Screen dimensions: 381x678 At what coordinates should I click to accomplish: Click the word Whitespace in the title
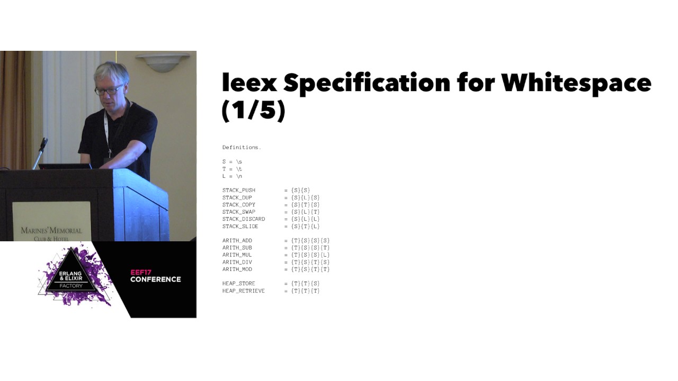pyautogui.click(x=576, y=84)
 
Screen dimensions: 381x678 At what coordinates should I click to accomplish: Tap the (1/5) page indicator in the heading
pyautogui.click(x=254, y=110)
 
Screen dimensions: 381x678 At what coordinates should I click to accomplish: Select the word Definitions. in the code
pyautogui.click(x=242, y=147)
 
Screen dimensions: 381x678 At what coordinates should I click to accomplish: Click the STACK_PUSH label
pyautogui.click(x=239, y=190)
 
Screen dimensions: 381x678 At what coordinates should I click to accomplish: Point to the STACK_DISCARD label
pyautogui.click(x=244, y=219)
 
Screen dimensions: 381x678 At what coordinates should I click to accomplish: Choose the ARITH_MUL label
pyautogui.click(x=237, y=255)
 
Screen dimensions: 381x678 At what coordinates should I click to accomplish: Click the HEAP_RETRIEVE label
pyautogui.click(x=244, y=291)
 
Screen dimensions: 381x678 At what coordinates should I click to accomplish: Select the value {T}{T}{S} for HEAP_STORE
pyautogui.click(x=306, y=284)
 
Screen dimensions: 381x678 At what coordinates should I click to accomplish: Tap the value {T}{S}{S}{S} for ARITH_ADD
pyautogui.click(x=310, y=240)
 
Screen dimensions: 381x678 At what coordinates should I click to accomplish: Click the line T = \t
pyautogui.click(x=232, y=169)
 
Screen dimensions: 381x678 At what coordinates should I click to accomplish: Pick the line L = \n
pyautogui.click(x=232, y=176)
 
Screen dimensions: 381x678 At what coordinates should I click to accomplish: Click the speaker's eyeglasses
pyautogui.click(x=108, y=90)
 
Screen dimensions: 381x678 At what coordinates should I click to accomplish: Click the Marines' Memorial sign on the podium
pyautogui.click(x=51, y=231)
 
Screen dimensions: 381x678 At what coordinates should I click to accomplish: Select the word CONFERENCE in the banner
pyautogui.click(x=156, y=279)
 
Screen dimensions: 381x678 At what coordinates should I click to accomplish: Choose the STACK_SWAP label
pyautogui.click(x=239, y=212)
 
